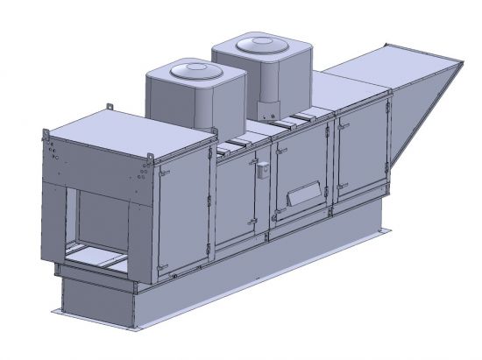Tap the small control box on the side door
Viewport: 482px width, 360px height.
pyautogui.click(x=262, y=171)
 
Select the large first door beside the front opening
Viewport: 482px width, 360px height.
pyautogui.click(x=181, y=215)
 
